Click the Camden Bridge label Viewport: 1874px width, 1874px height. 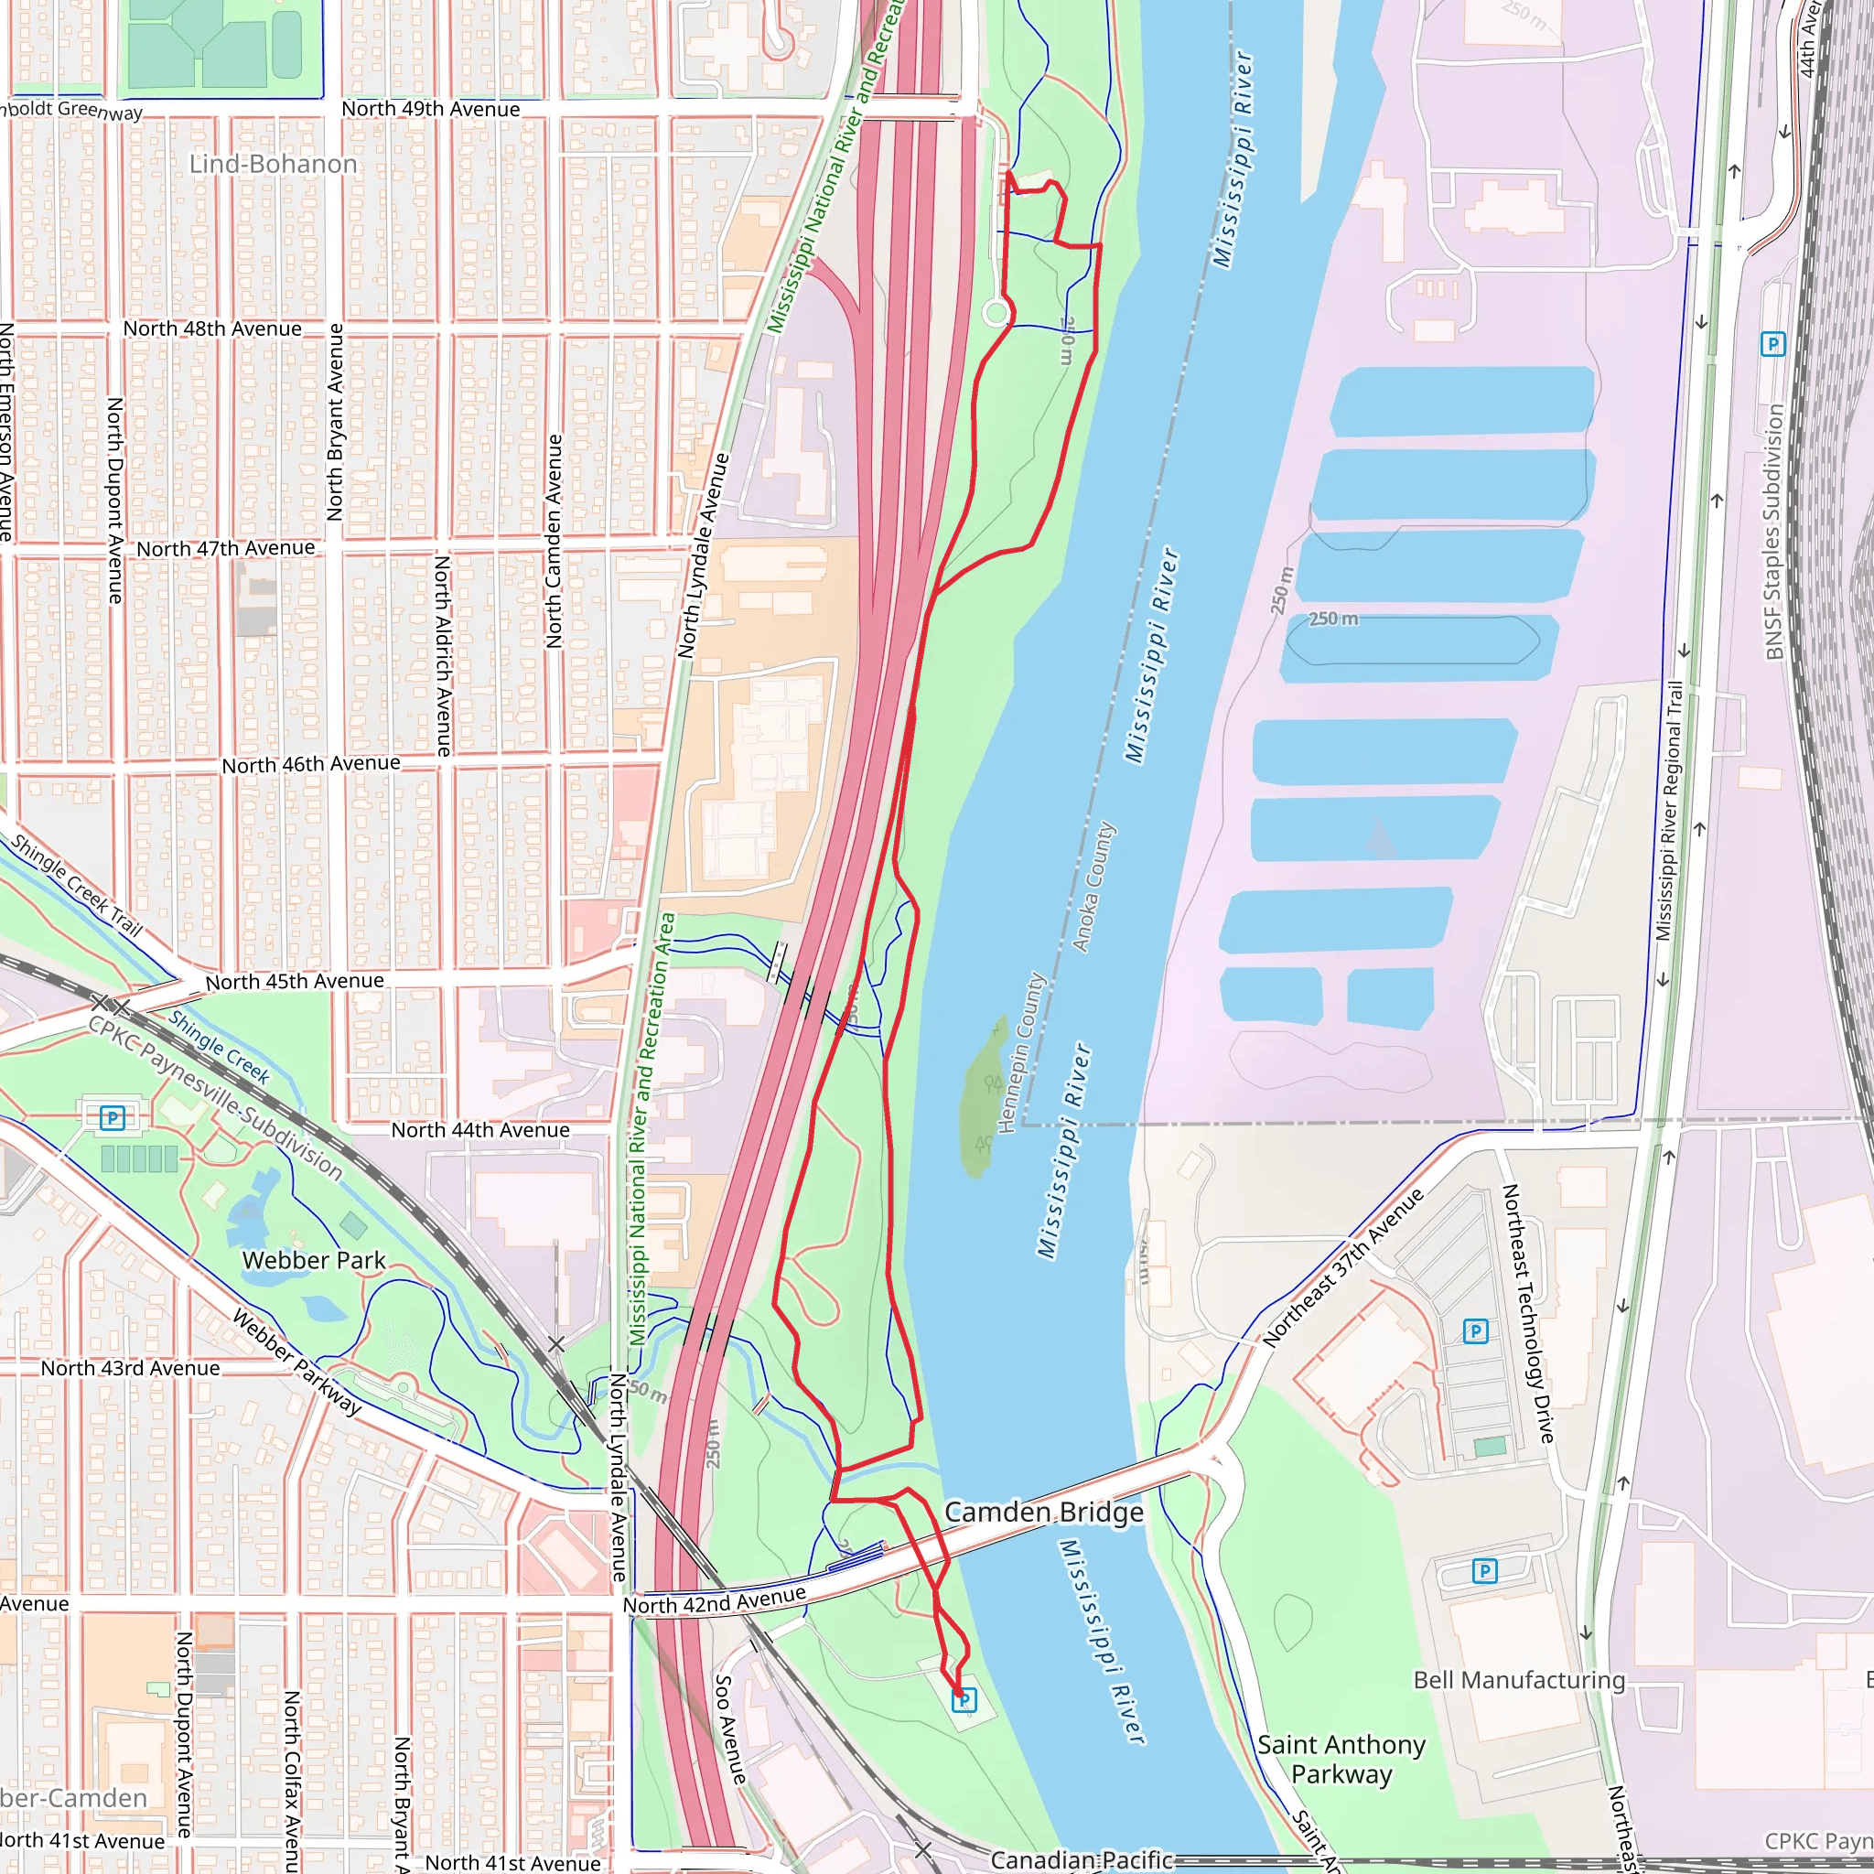point(1044,1513)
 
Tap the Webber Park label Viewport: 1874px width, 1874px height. point(313,1260)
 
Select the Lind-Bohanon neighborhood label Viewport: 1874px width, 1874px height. point(273,164)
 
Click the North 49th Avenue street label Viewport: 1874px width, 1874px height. point(431,109)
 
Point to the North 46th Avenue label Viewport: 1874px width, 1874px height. point(310,764)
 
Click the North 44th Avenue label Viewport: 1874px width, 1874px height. point(480,1130)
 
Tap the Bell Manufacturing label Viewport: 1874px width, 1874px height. point(1518,1680)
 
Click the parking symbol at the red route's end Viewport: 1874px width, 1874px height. point(964,1699)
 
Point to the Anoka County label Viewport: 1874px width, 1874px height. point(1093,888)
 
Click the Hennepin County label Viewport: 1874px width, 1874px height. point(1021,1051)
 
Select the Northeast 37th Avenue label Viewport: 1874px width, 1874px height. point(1342,1266)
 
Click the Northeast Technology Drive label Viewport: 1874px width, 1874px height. point(1528,1313)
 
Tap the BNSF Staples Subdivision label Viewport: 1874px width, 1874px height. point(1774,532)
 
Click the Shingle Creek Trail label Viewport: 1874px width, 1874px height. point(77,886)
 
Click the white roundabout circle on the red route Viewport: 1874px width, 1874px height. point(996,312)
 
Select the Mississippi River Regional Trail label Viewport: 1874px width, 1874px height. point(1669,810)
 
